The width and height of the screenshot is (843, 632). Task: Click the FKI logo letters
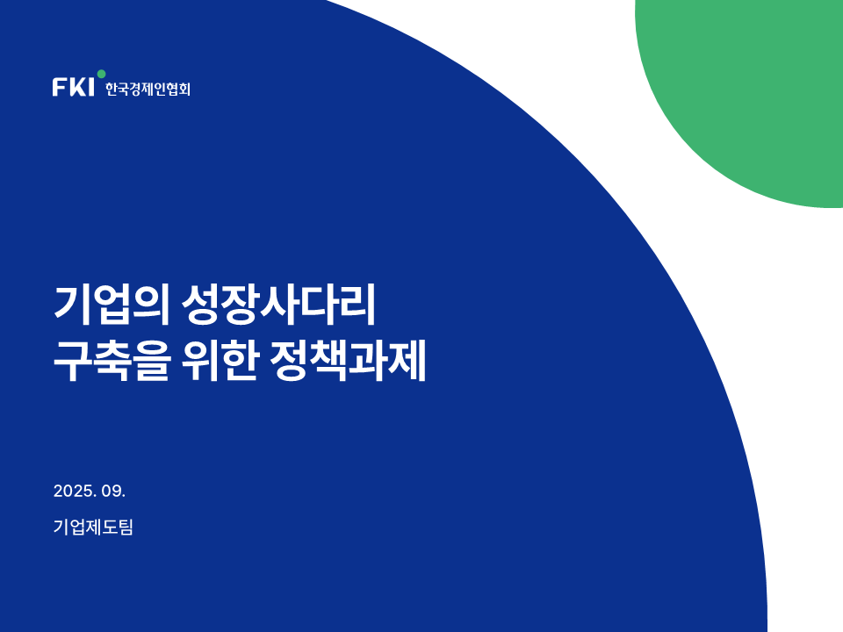coord(73,87)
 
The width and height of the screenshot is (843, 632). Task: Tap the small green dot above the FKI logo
coord(101,74)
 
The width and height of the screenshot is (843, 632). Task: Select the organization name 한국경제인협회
coord(148,89)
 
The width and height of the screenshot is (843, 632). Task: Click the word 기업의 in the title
coord(112,305)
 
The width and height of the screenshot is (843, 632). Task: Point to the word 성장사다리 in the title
coord(278,305)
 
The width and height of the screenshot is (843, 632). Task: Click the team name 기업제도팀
coord(93,527)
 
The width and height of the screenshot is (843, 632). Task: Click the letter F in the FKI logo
coord(59,87)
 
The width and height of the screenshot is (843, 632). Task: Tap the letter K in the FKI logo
coord(77,87)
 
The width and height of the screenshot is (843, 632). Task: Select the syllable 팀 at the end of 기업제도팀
coord(126,527)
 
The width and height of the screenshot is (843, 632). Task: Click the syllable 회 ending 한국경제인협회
coord(184,89)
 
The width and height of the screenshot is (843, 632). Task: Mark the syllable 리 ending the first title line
coord(357,305)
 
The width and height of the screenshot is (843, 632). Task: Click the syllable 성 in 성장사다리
coord(200,305)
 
